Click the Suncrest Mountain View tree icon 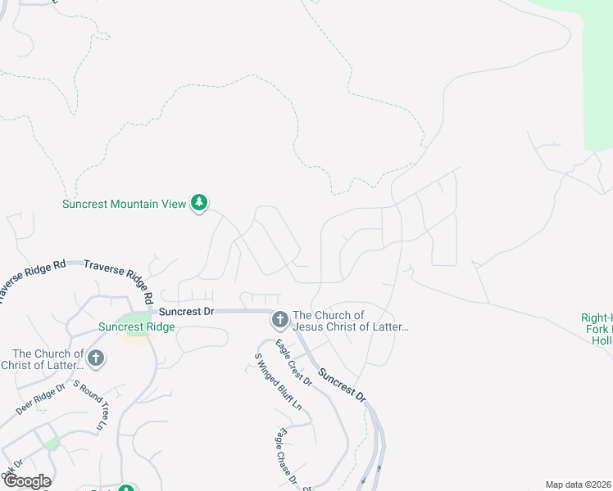click(x=199, y=202)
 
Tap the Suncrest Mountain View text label click(x=124, y=204)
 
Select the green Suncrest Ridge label click(x=136, y=327)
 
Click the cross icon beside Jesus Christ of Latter click(x=279, y=320)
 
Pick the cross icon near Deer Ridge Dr click(x=96, y=358)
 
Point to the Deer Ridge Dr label click(x=40, y=399)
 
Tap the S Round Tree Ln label click(x=89, y=405)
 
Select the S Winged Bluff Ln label click(x=278, y=381)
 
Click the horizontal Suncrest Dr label click(x=186, y=312)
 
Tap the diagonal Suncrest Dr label click(x=342, y=381)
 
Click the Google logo click(x=27, y=481)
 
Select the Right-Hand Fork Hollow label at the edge click(x=597, y=328)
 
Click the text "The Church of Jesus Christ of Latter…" click(x=351, y=321)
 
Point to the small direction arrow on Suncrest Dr click(x=379, y=468)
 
